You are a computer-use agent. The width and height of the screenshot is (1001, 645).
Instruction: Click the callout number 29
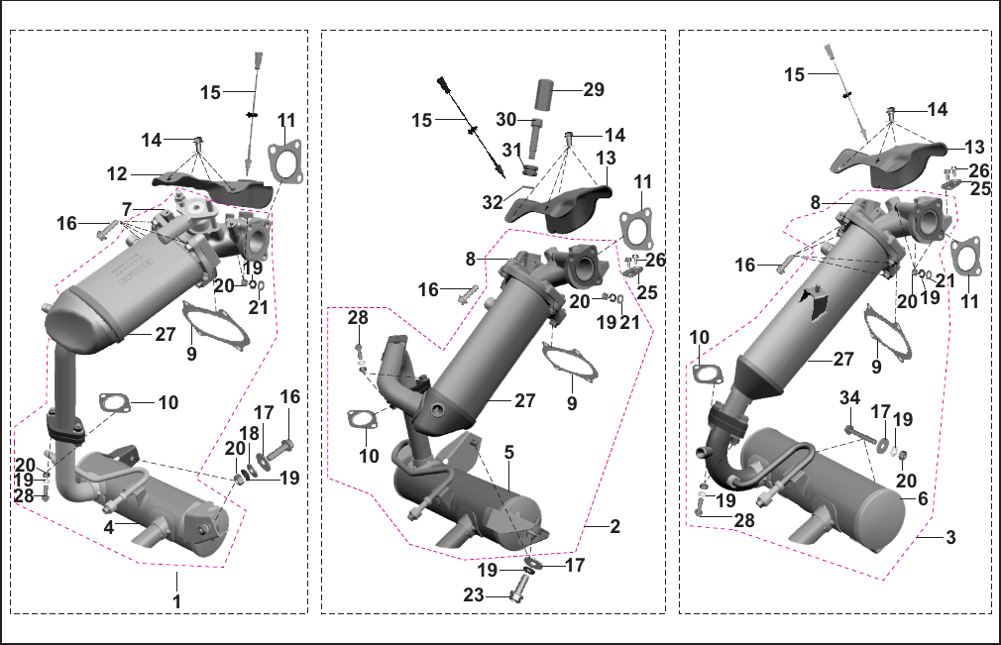pos(594,89)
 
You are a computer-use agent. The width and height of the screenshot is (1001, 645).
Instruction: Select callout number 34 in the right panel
pos(849,398)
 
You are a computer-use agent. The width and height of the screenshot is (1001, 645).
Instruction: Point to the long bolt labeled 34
pos(859,436)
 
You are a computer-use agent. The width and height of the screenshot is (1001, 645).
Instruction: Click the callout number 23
pos(473,595)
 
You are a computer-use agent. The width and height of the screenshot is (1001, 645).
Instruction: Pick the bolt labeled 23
pos(520,587)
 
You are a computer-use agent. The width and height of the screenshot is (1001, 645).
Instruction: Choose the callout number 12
pos(118,173)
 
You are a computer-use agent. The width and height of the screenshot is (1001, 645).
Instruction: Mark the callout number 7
pos(127,209)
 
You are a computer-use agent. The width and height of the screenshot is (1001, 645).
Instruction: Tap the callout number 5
pos(508,453)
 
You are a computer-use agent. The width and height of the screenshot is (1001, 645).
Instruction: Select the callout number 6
pos(923,499)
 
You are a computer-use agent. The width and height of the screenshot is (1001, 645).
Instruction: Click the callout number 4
pos(109,528)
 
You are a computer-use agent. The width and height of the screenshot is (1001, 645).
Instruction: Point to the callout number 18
pos(249,434)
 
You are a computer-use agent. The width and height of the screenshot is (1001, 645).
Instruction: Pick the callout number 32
pos(493,202)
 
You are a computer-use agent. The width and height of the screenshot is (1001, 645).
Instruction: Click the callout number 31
pos(512,150)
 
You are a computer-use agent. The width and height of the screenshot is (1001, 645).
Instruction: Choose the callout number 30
pos(506,119)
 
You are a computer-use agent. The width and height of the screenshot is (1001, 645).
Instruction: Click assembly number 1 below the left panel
pos(176,601)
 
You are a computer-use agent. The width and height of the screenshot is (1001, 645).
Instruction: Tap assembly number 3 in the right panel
pos(950,537)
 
